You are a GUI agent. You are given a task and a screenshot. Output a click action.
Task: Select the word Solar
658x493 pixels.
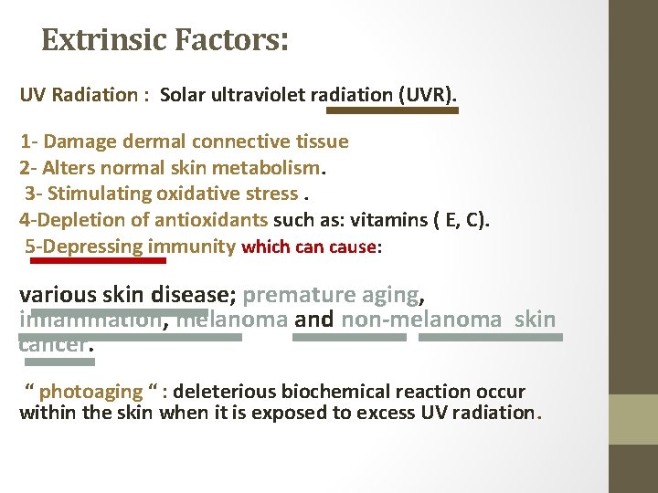click(x=183, y=96)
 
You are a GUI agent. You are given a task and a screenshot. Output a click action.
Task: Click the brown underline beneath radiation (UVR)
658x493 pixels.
click(x=392, y=110)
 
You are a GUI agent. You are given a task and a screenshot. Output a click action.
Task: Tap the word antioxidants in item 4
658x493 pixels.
click(x=211, y=220)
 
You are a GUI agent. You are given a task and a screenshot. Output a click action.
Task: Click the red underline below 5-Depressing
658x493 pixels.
click(x=99, y=260)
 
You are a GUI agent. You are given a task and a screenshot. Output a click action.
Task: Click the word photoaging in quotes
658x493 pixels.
click(x=91, y=392)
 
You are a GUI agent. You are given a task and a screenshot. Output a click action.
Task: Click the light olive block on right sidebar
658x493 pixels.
click(x=633, y=419)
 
